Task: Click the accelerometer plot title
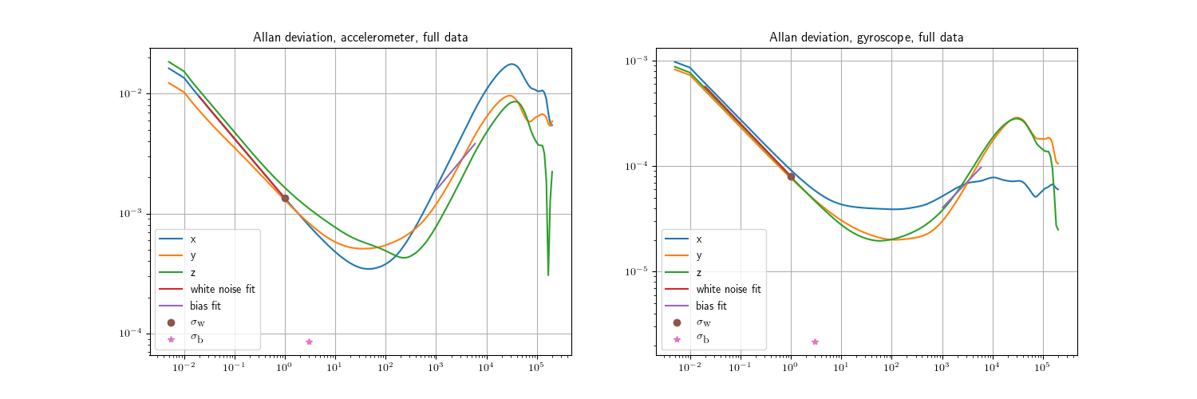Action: coord(360,38)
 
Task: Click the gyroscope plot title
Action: coord(866,38)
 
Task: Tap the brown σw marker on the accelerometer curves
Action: coord(285,198)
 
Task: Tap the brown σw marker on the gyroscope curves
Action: coord(791,176)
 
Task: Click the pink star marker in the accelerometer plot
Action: coord(309,342)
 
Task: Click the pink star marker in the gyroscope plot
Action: coord(815,342)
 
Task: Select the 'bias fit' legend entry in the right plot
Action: coord(711,306)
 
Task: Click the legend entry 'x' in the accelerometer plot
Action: coord(192,239)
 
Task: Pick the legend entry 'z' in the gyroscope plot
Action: coord(698,272)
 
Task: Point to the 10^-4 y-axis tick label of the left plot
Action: coord(131,334)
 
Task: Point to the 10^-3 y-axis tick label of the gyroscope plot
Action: coord(637,61)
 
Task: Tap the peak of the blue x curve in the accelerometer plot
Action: coord(512,64)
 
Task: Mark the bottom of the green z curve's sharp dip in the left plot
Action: coord(548,275)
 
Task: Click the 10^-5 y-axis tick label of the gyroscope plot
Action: coord(637,272)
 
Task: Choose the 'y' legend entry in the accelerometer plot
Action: coord(192,255)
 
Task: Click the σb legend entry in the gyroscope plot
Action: coord(702,339)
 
